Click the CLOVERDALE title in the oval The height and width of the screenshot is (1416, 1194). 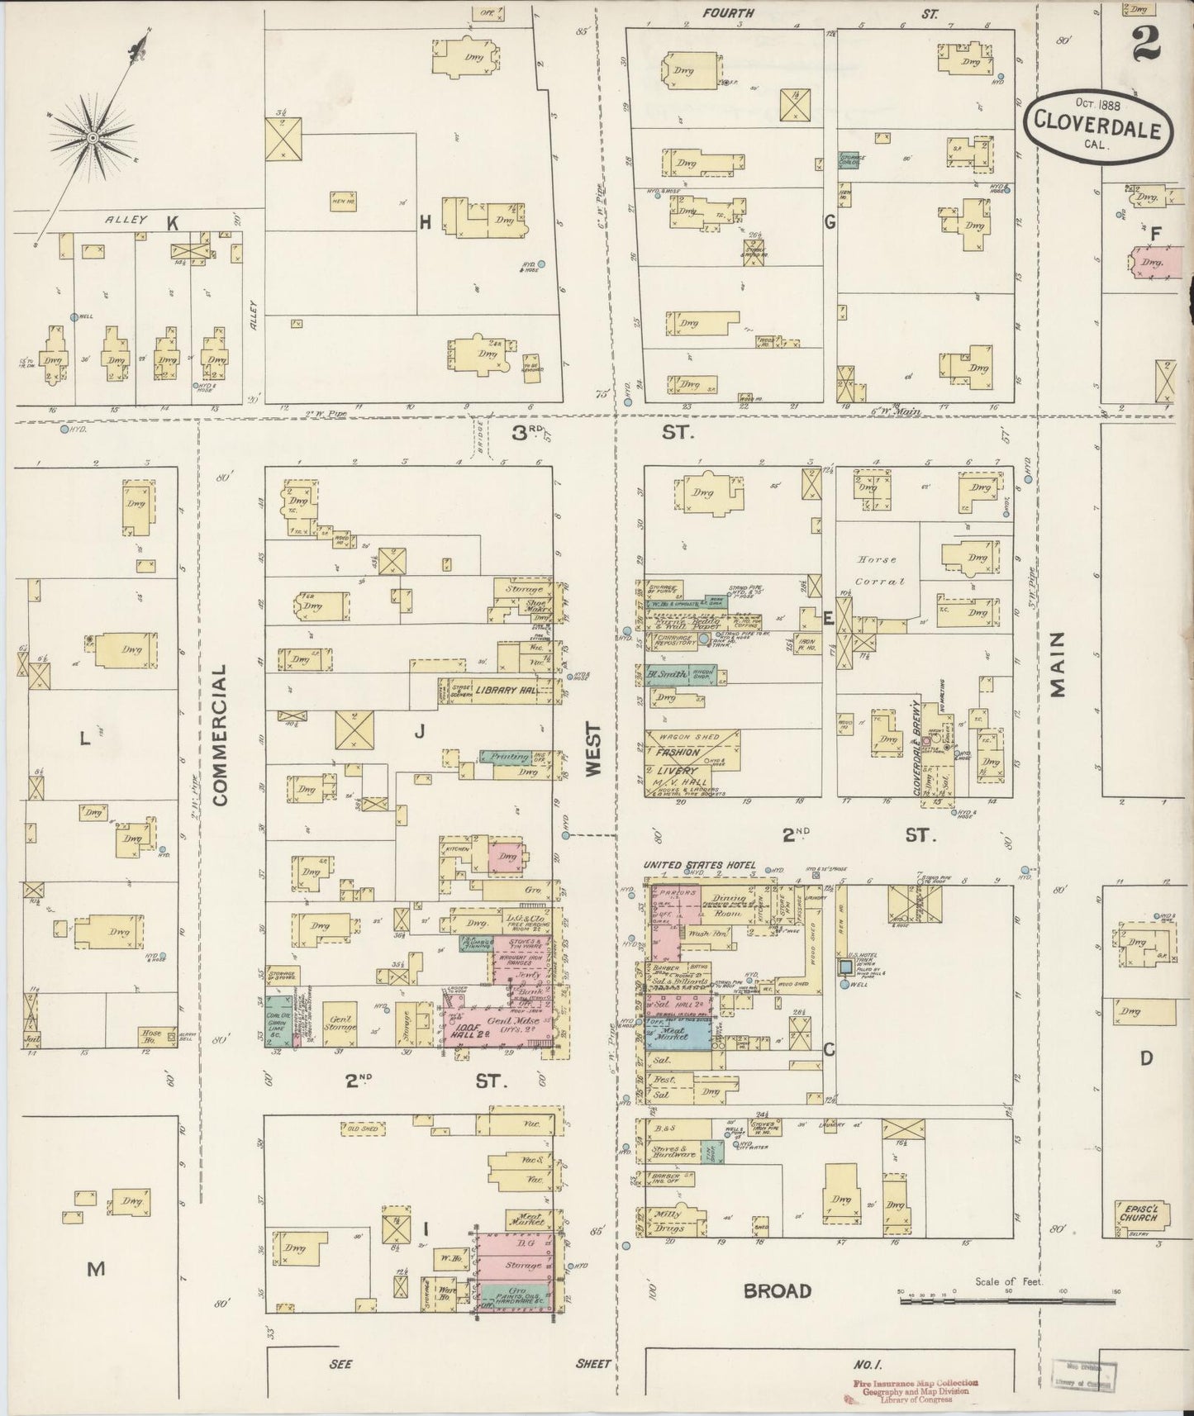(x=1098, y=130)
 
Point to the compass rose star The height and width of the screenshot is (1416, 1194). (x=93, y=136)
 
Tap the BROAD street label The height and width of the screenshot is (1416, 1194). (x=777, y=1291)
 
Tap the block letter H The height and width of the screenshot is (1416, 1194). (x=426, y=221)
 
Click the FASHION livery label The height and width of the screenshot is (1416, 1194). (x=678, y=753)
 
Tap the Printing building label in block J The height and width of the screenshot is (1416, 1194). (x=509, y=757)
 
